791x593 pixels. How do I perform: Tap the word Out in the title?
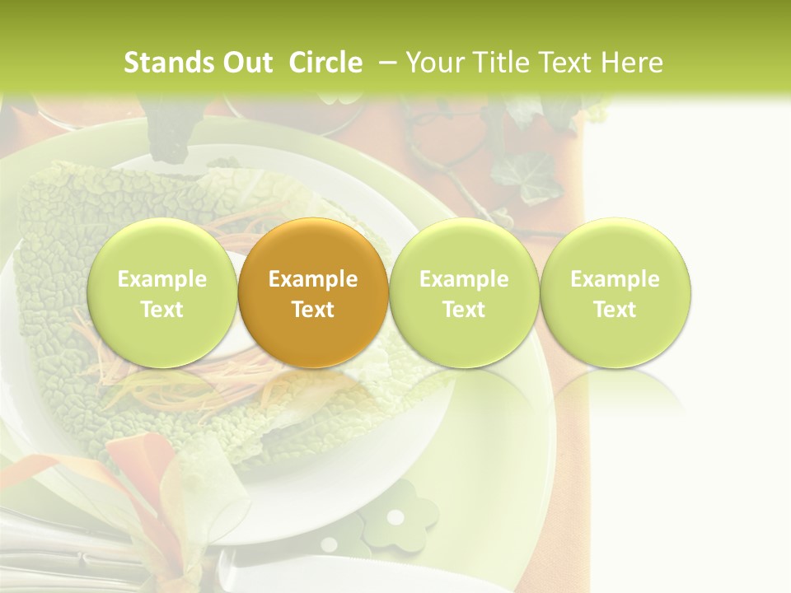click(246, 63)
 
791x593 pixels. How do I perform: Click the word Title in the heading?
click(498, 63)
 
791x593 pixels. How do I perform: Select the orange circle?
click(313, 292)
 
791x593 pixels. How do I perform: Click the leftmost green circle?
click(162, 292)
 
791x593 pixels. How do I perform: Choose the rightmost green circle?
click(615, 292)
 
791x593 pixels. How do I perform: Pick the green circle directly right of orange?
click(464, 292)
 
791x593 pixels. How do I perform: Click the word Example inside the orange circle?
click(313, 279)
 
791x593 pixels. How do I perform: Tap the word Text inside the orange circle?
click(313, 310)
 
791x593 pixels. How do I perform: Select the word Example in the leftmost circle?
click(162, 279)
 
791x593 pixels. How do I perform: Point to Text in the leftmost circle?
click(162, 310)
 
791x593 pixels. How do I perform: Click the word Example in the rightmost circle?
click(615, 279)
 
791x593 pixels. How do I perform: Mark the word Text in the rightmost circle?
click(615, 310)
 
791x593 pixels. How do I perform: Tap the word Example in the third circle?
click(464, 279)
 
